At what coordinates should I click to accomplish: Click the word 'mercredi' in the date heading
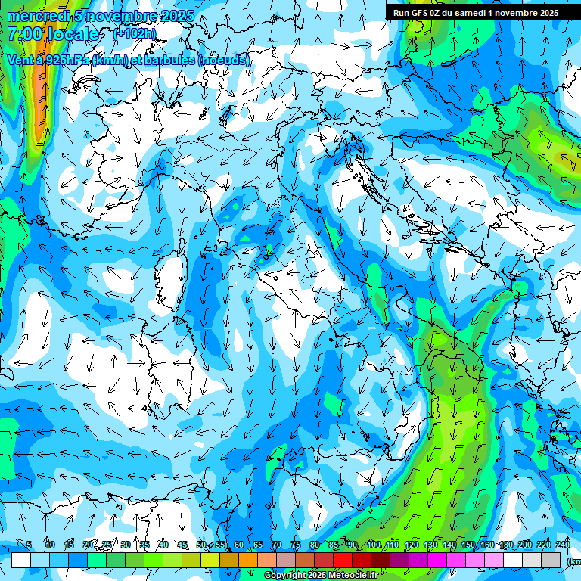point(35,16)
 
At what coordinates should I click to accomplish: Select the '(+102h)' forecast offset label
point(134,33)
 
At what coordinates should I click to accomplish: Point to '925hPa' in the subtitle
point(65,60)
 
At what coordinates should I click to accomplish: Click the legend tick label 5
point(29,545)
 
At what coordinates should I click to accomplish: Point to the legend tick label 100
point(374,545)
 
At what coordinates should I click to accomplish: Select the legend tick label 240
point(563,545)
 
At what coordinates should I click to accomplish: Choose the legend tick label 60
point(238,545)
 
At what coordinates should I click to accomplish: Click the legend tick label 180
point(506,545)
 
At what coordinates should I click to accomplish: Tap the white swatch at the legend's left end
point(21,560)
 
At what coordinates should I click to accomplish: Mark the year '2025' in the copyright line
point(316,576)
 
